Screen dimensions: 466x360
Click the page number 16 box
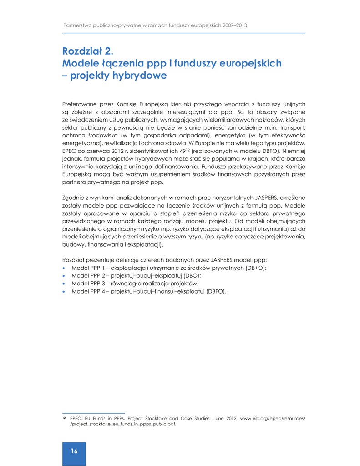[74, 451]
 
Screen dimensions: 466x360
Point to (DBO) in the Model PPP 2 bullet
[192, 276]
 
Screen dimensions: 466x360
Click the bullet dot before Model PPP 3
[64, 284]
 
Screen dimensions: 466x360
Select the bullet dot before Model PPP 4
[64, 291]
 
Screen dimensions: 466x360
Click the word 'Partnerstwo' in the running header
[76, 25]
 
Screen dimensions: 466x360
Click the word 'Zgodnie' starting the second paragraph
[72, 198]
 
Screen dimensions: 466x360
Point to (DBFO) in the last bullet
[216, 291]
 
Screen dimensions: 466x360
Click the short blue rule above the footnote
[93, 413]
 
